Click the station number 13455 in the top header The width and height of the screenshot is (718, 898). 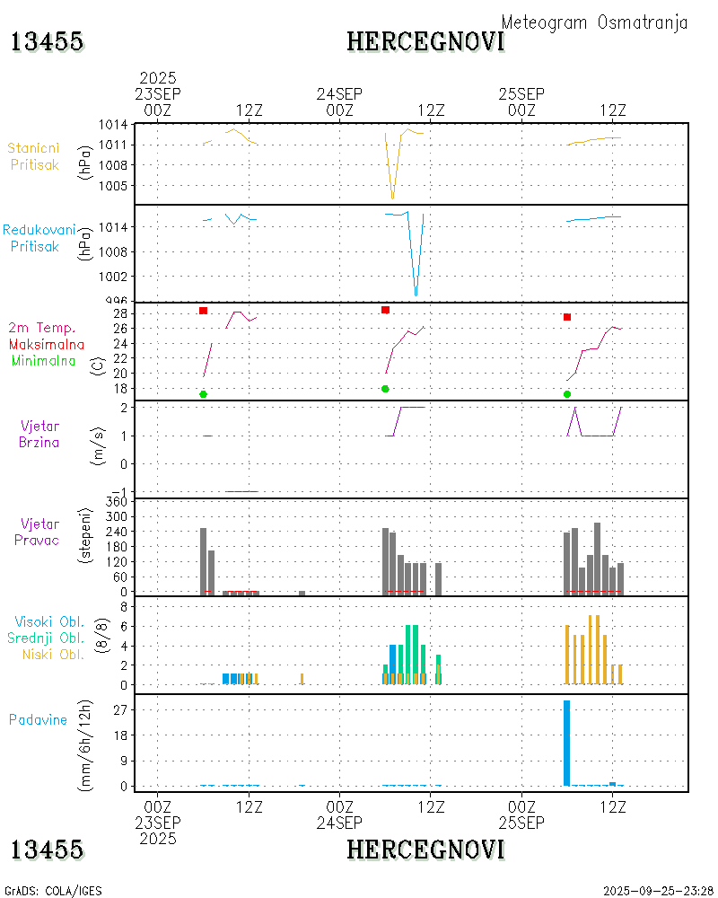coord(47,41)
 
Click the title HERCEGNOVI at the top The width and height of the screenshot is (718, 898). coord(425,41)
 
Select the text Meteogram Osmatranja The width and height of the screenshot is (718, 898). coord(594,22)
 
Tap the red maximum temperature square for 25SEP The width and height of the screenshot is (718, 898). coord(567,317)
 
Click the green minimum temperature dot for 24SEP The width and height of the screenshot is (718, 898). coord(385,389)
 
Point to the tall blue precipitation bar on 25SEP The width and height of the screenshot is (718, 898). coord(566,743)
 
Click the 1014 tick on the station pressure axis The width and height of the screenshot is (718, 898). coord(113,125)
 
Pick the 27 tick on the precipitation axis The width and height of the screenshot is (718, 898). coord(117,709)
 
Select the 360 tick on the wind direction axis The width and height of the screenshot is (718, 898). coord(114,502)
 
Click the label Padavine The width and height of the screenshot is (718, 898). coord(38,719)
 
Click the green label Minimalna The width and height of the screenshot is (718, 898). coord(47,360)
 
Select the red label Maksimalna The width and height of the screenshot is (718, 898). coord(47,344)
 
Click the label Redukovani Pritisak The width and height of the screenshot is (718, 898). coord(39,238)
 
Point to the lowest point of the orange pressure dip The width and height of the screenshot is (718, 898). coord(392,198)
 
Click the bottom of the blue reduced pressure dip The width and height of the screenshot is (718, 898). coord(416,295)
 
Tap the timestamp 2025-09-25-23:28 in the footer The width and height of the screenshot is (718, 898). coord(659,891)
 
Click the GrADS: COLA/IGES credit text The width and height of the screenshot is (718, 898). coord(53,891)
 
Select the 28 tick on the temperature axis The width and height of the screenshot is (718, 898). coord(117,313)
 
